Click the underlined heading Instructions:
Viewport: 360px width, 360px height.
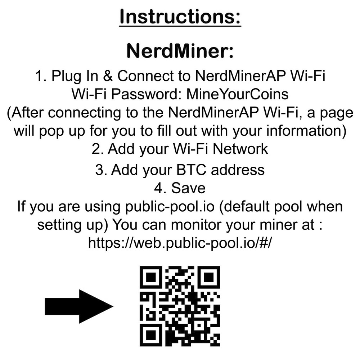[x=180, y=17]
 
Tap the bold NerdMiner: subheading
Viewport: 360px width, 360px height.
[x=180, y=51]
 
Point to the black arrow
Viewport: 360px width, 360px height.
[x=78, y=306]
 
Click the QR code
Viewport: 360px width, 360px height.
[x=180, y=306]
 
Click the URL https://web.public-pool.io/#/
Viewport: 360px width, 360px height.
[x=180, y=243]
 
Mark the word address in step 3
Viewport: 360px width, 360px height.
[x=238, y=170]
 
